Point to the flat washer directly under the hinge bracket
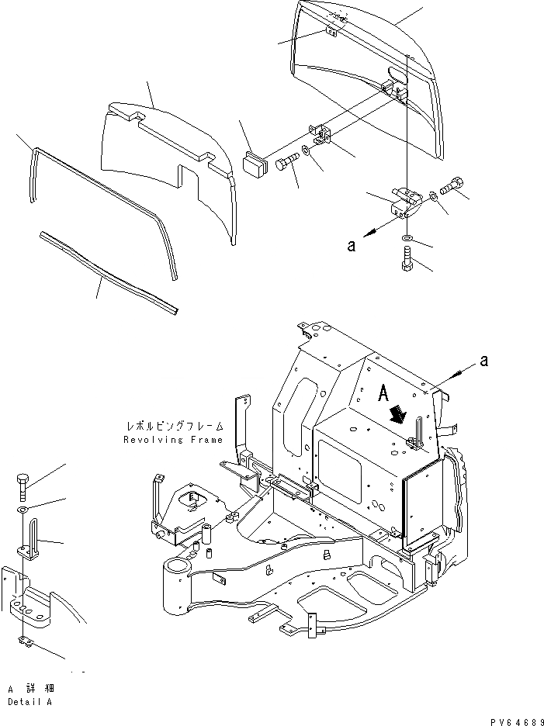coord(407,237)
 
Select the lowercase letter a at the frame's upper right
coord(485,359)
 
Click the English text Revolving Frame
coord(173,440)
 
